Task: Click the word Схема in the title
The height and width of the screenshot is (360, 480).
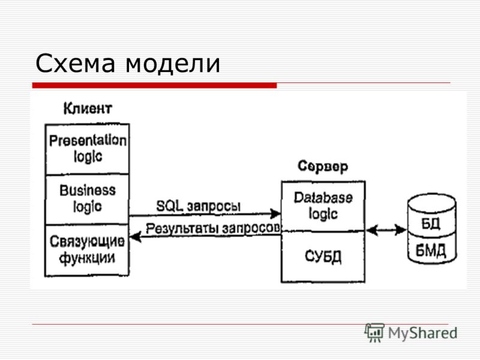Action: click(76, 63)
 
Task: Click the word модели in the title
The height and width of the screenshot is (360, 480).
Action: click(173, 64)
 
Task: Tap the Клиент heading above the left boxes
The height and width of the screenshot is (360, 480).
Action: click(88, 109)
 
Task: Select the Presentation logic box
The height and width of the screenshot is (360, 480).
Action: click(87, 149)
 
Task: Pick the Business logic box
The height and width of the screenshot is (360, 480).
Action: click(87, 200)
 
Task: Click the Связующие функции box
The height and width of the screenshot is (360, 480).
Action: click(87, 250)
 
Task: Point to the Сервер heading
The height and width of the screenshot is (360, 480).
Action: click(323, 167)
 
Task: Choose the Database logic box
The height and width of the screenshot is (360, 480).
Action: click(323, 206)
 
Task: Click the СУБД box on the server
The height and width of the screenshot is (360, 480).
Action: click(323, 257)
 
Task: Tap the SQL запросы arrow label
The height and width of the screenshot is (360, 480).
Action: click(199, 206)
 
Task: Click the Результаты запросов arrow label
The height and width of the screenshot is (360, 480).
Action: click(213, 229)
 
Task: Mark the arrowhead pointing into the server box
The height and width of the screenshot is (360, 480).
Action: click(276, 214)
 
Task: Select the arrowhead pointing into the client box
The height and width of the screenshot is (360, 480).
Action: click(135, 236)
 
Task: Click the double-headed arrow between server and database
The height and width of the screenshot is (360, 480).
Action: click(386, 230)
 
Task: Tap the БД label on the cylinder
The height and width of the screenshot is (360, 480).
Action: click(431, 224)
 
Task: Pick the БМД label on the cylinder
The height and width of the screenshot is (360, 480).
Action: click(431, 251)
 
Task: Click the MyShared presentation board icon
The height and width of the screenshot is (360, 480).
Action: click(374, 333)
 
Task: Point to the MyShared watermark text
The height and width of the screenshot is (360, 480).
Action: click(423, 333)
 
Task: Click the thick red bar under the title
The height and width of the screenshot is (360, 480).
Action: click(155, 85)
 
